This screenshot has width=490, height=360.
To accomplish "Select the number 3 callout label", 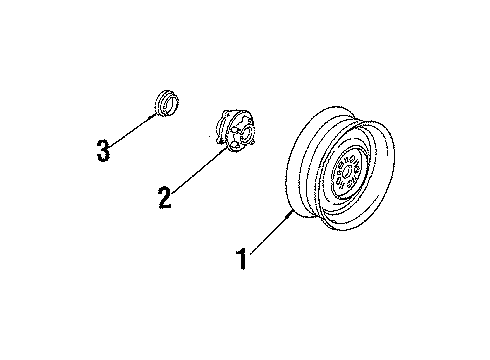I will [103, 151].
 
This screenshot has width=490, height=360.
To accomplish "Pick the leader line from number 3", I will [131, 130].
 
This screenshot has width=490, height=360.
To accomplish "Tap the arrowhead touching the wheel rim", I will [290, 210].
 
